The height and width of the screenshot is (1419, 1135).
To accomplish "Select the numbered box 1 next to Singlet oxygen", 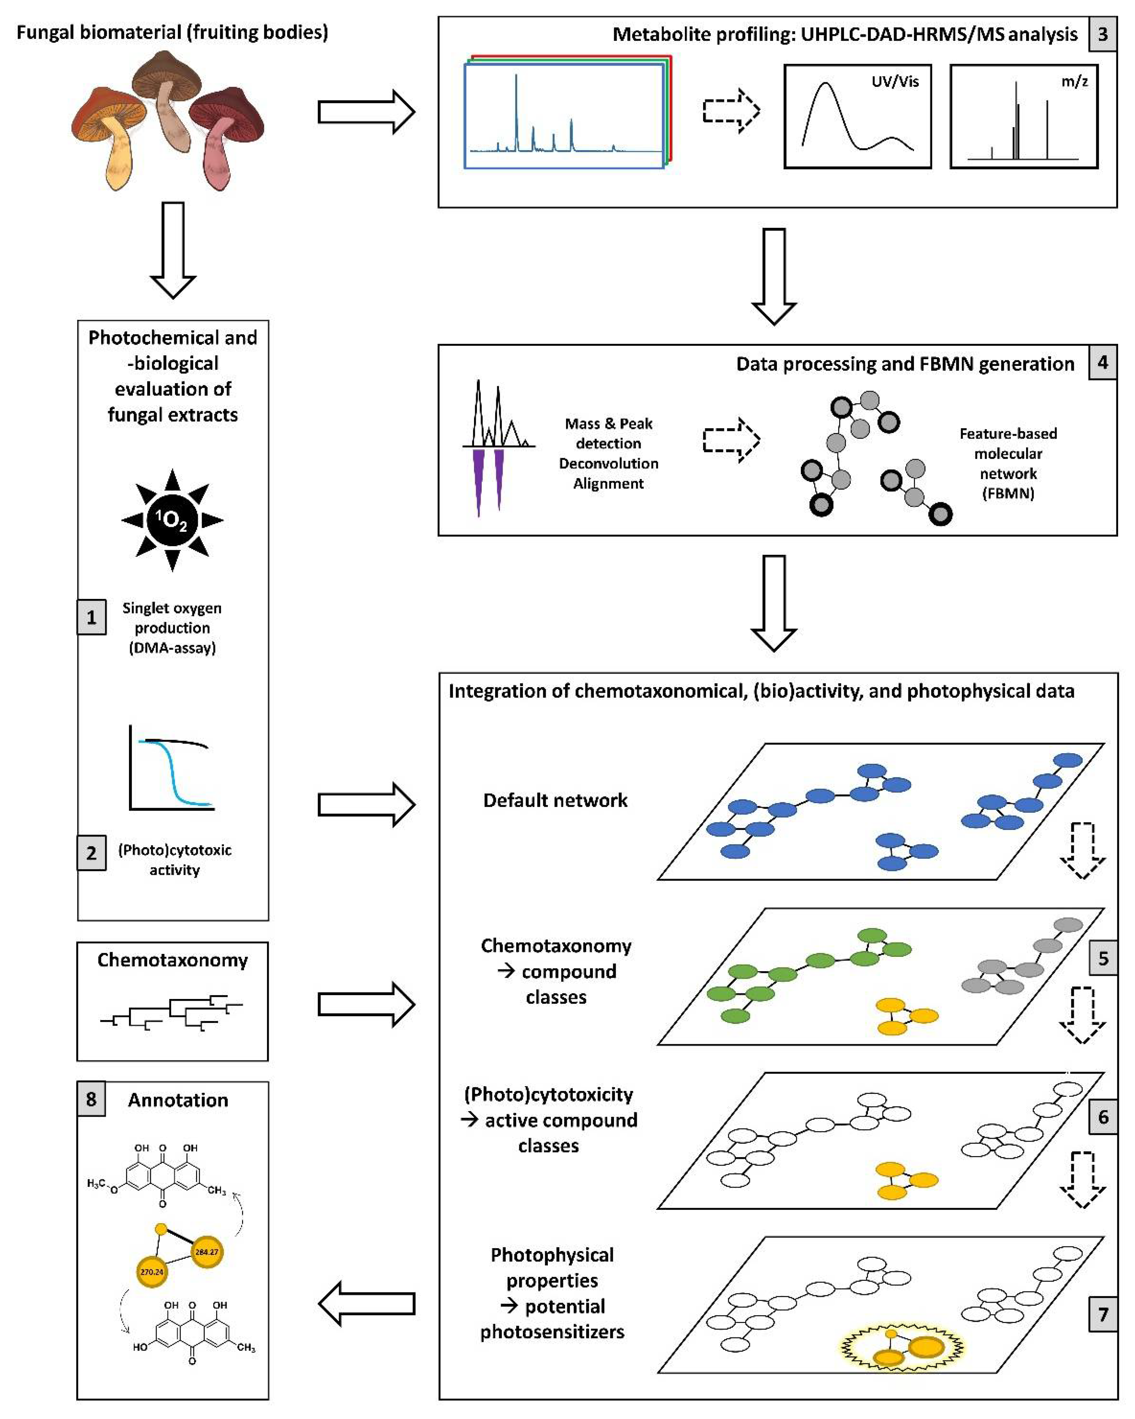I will [x=91, y=617].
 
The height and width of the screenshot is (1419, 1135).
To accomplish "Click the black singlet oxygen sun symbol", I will [x=173, y=520].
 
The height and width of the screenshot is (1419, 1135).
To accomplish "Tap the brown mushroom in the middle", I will [x=168, y=99].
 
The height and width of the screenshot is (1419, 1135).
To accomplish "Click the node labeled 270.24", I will [x=152, y=1272].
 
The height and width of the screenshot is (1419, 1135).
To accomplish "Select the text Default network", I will [x=554, y=800].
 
